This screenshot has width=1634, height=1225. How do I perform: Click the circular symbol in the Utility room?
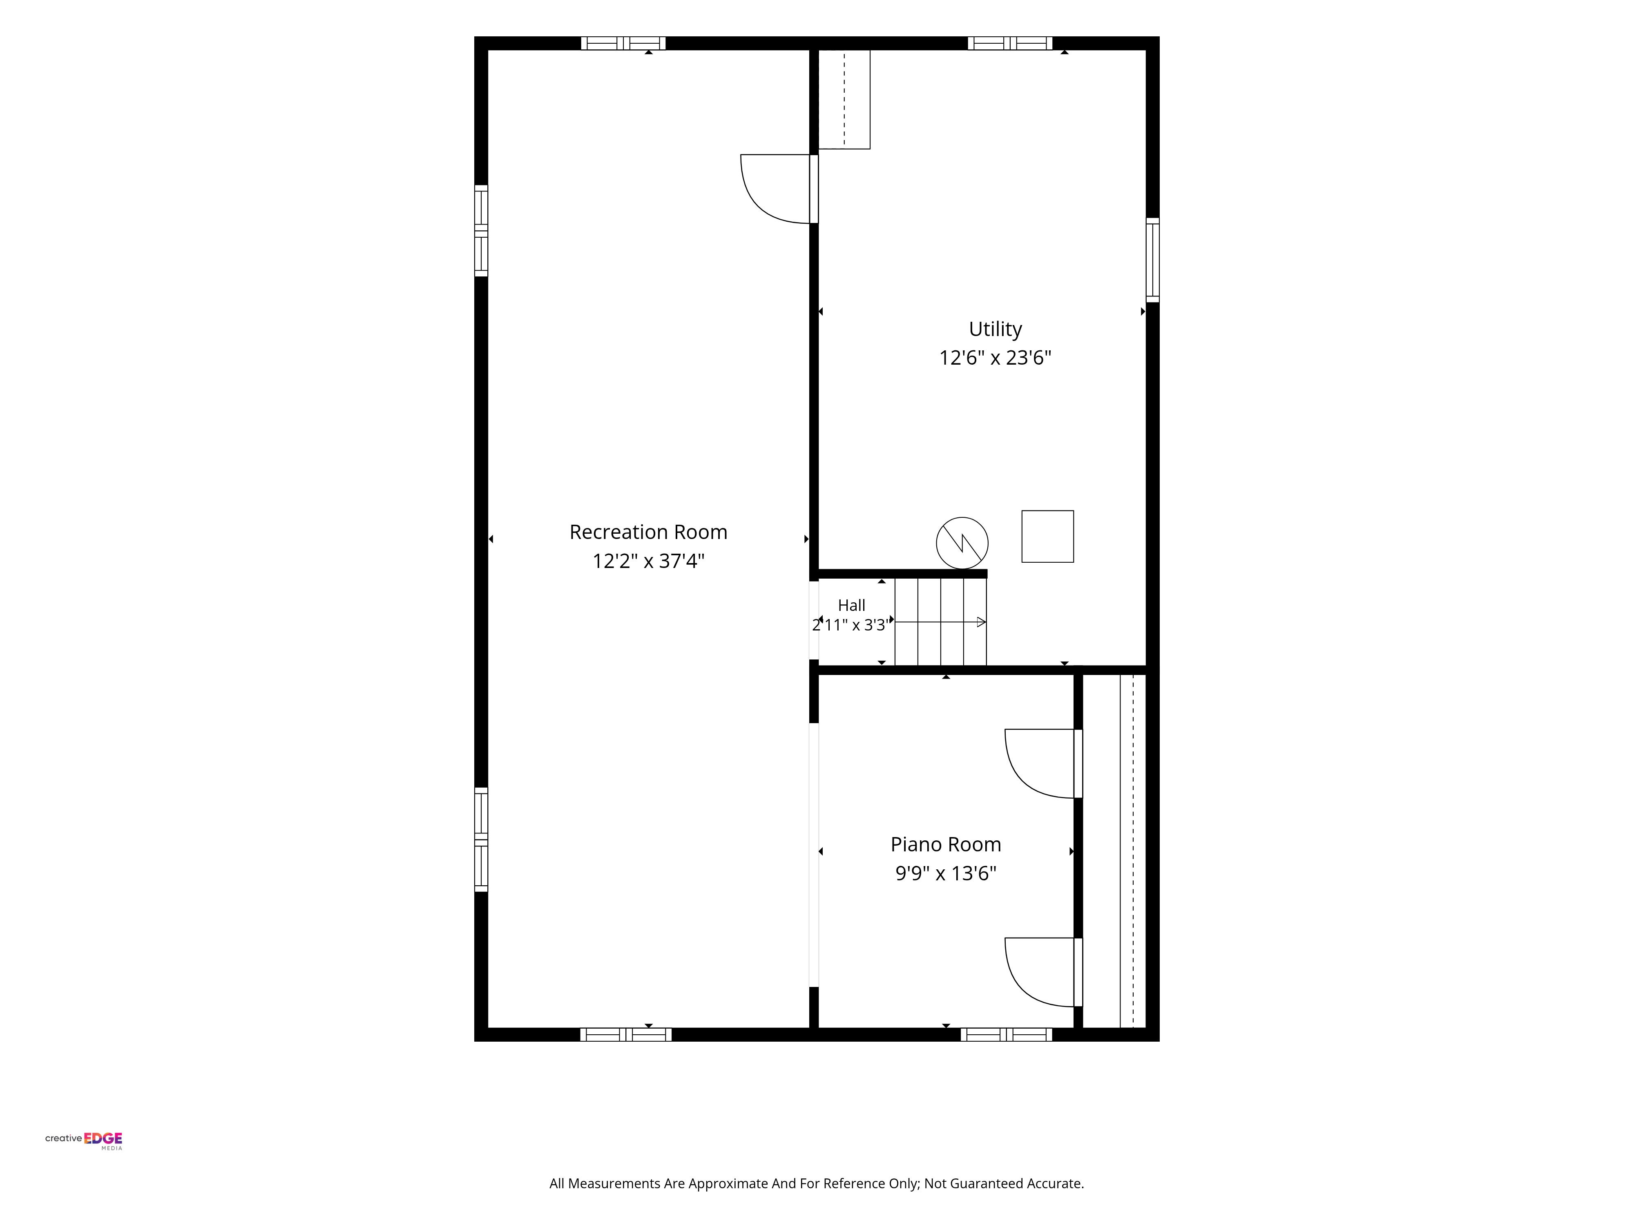tap(962, 543)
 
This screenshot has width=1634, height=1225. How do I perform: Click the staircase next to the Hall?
tap(940, 622)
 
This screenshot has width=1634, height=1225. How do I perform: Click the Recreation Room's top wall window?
tap(623, 43)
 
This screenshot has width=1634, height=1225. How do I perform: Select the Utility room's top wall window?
tap(1010, 43)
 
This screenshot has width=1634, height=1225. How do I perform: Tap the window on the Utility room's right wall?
tap(1152, 260)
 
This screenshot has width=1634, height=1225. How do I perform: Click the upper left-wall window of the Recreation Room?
tap(481, 230)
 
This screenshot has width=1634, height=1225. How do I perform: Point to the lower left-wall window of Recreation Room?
tap(481, 840)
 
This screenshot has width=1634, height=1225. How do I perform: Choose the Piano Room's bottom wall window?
tap(1006, 1034)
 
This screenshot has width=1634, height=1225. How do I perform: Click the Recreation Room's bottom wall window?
tap(626, 1034)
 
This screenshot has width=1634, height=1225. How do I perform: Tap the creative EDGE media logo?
tap(83, 1141)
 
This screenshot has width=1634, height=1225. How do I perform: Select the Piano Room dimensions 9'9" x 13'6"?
tap(946, 873)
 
